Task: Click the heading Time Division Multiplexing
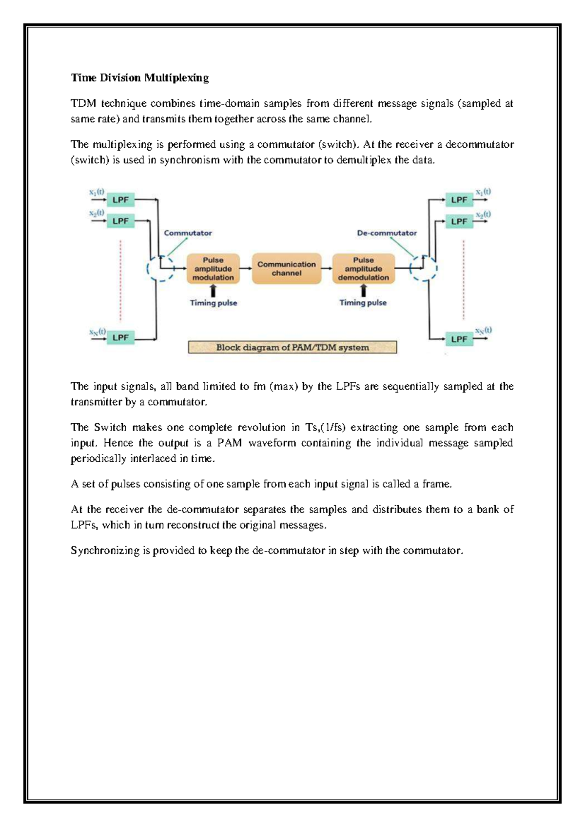tap(139, 78)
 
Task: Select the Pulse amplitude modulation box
tap(213, 269)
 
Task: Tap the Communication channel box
tap(287, 269)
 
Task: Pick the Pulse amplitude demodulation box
tap(363, 269)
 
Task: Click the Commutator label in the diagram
tap(188, 233)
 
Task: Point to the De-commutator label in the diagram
tap(387, 233)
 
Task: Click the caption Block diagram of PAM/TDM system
tap(292, 347)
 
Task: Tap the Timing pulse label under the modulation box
tap(213, 303)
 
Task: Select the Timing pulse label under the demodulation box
tap(363, 303)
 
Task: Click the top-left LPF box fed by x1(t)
tap(120, 199)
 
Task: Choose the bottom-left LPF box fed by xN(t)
tap(120, 337)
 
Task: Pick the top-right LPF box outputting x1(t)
tap(459, 200)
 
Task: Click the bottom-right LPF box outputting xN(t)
tap(459, 339)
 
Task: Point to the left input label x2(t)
tap(97, 213)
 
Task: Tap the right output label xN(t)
tap(483, 331)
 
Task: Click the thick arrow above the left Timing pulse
tap(213, 291)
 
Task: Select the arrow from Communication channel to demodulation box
tap(327, 269)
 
